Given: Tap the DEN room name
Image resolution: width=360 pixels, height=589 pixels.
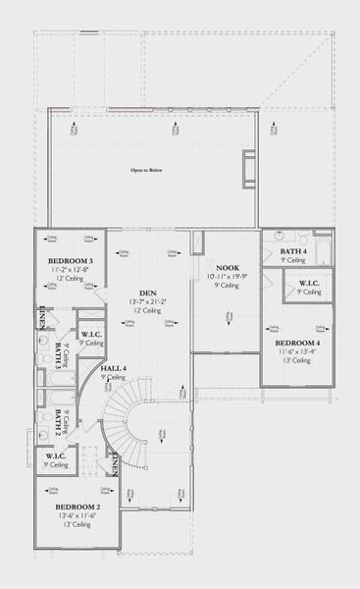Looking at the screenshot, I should (148, 292).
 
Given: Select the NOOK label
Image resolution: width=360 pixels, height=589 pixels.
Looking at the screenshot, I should (227, 268).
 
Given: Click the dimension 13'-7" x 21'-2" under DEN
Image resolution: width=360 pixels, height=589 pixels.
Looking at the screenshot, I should (148, 300).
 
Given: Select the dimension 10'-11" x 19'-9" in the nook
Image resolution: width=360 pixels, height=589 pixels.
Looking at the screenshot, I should (227, 277).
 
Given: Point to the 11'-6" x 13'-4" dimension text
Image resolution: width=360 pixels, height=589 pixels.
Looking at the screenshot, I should (294, 352).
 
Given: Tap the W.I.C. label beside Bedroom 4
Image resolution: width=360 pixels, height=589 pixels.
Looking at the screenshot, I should (309, 285).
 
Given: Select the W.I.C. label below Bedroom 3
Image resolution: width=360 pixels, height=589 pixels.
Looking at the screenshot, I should (92, 336).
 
